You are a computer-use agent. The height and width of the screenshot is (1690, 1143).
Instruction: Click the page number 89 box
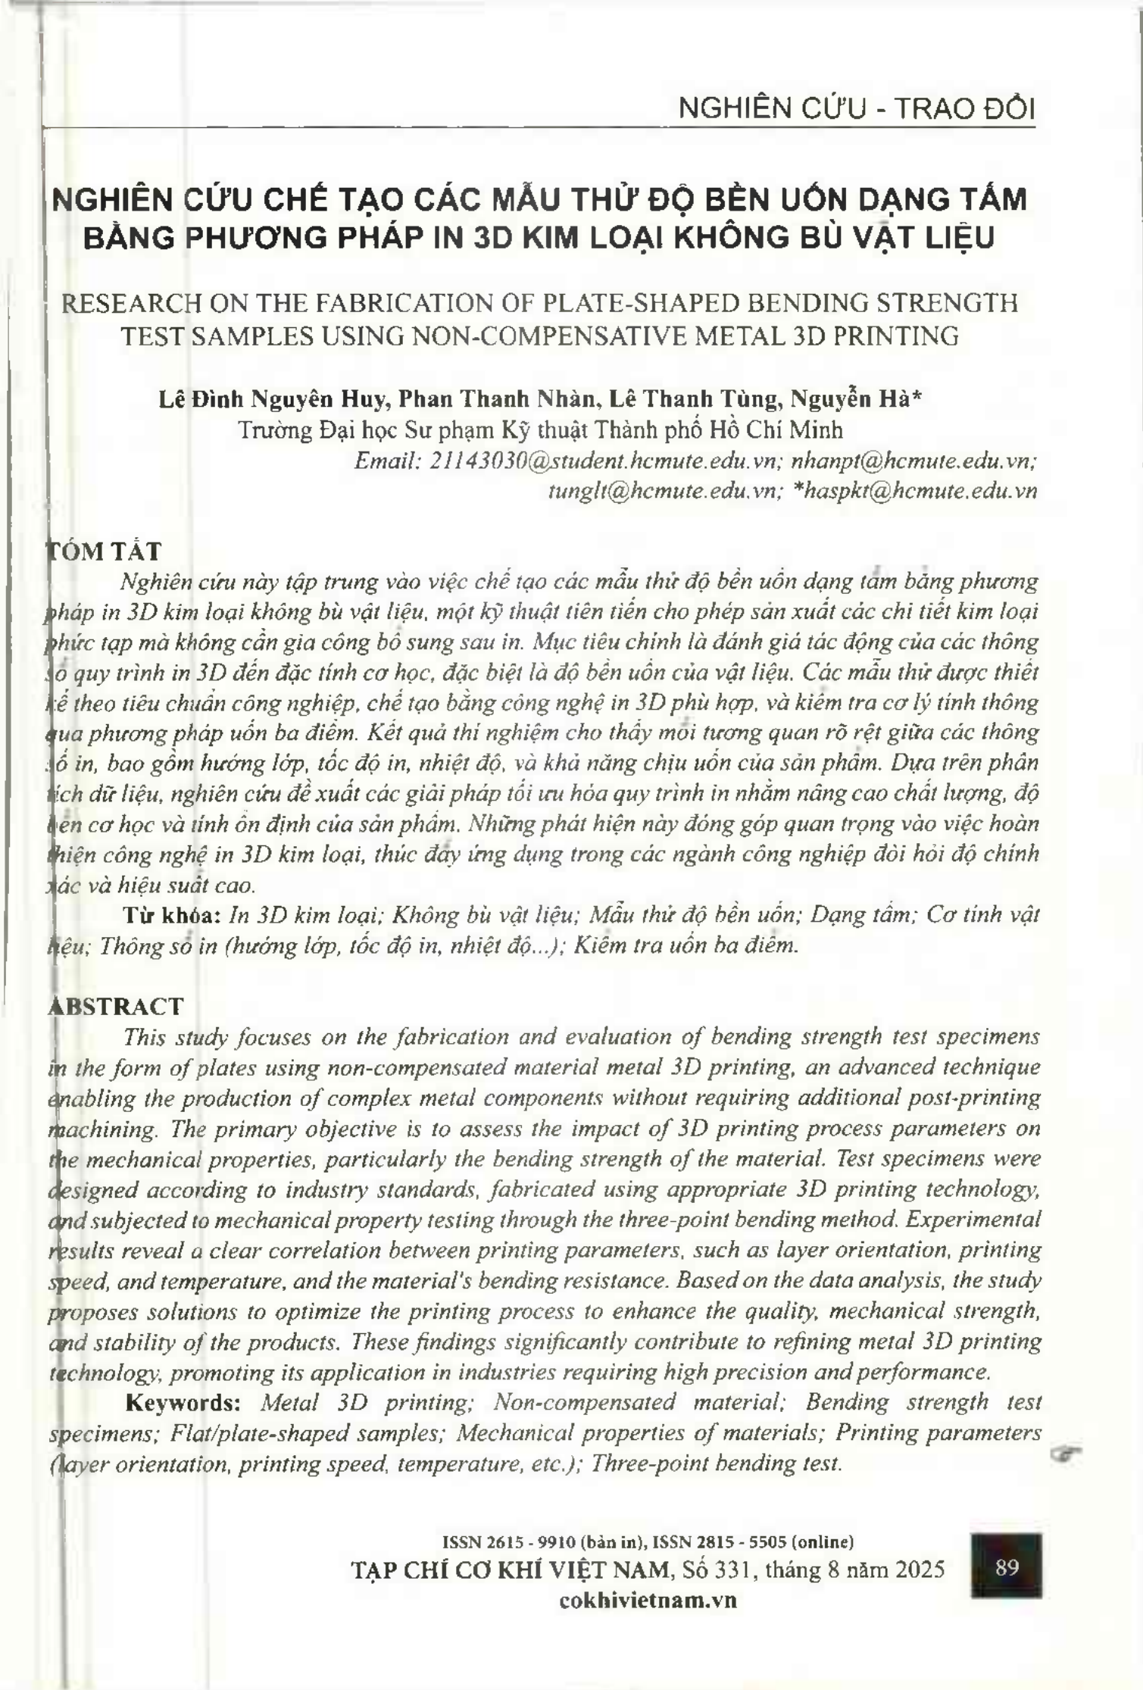pos(1007,1567)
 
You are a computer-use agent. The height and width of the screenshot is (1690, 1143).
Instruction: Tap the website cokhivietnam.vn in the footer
pos(648,1599)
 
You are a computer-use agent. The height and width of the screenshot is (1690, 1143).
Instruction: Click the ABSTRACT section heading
pos(116,1006)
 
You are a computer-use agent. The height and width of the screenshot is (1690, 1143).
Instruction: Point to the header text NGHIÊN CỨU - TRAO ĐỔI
pos(856,109)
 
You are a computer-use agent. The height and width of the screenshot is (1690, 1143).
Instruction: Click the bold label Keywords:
pos(183,1402)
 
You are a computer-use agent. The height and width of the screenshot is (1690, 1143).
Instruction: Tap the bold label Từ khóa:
pos(171,915)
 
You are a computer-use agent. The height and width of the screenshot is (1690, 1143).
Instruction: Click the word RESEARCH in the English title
pos(128,303)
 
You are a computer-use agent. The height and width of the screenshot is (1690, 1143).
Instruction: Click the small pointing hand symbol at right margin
pos(1066,1453)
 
